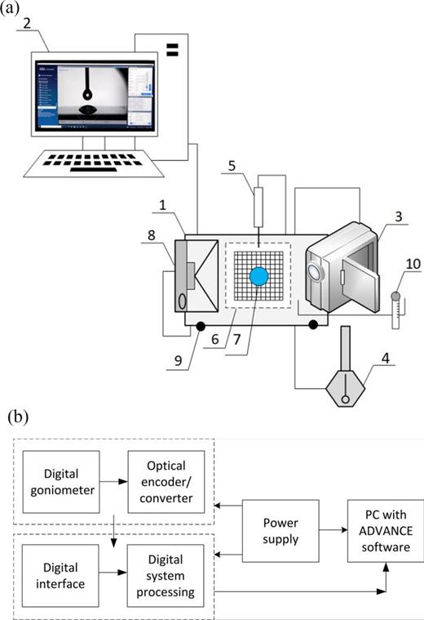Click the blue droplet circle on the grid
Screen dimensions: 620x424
coord(258,276)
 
